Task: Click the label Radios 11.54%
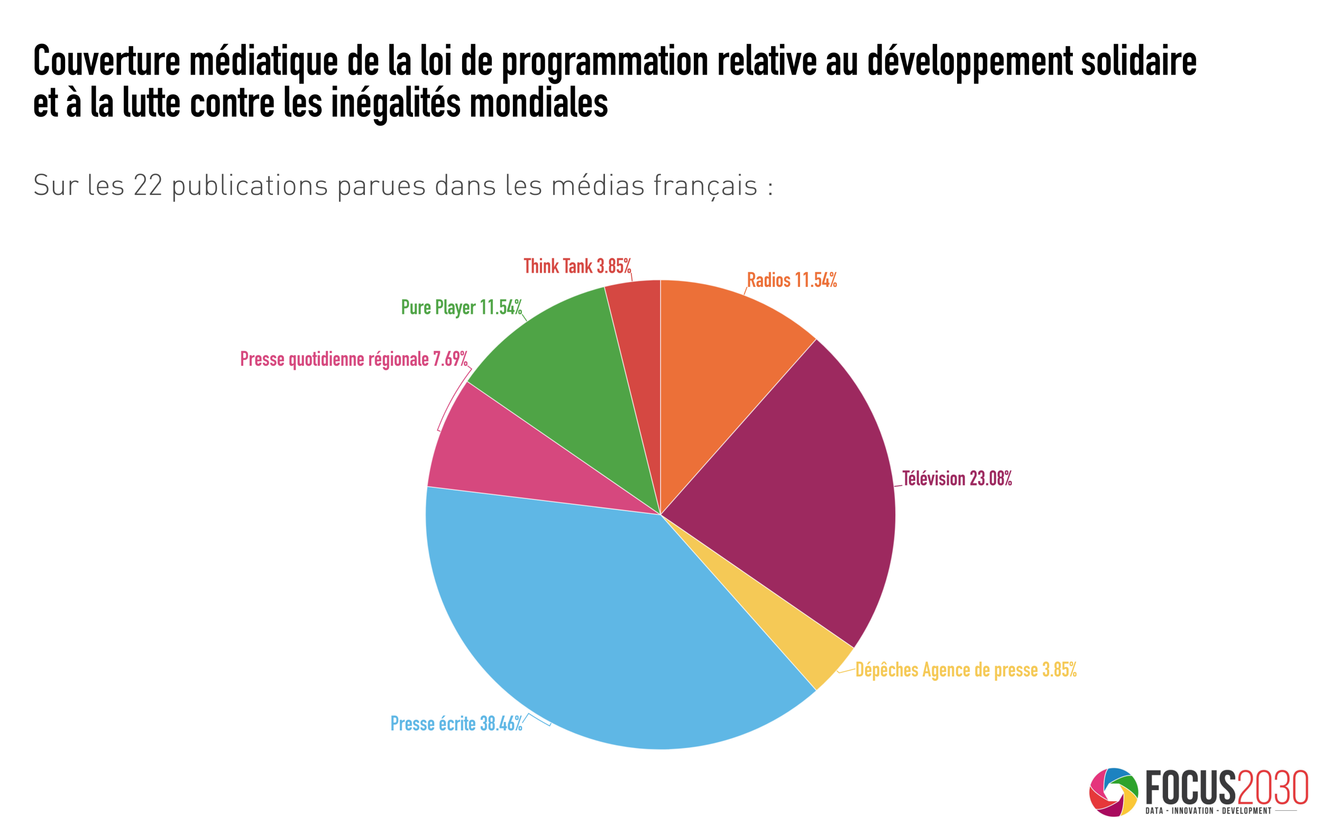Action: (x=792, y=281)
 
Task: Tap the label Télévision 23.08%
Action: (x=957, y=478)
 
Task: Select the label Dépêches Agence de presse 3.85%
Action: (x=966, y=670)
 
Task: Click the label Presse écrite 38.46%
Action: (x=456, y=724)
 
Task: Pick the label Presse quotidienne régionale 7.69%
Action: (x=354, y=359)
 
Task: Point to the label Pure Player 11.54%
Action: (x=461, y=307)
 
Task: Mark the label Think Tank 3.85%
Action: (x=577, y=266)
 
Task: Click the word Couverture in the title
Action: (x=106, y=61)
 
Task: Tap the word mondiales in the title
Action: (x=538, y=103)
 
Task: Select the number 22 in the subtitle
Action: (x=148, y=186)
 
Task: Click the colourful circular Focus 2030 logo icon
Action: (x=1114, y=792)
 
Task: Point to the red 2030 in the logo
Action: (x=1272, y=787)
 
